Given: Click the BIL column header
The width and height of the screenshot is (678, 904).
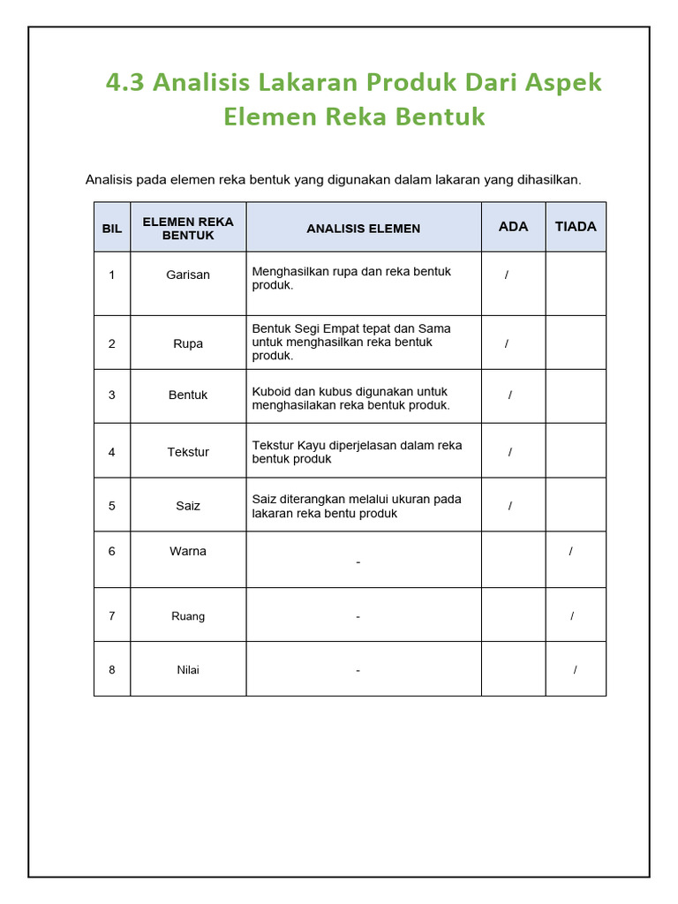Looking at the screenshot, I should [112, 228].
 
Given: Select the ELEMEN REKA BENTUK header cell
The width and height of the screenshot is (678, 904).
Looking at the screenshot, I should [188, 228].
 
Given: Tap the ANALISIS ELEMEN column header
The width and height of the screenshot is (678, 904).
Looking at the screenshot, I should [364, 228].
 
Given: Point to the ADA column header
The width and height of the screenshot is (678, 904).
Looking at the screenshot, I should [513, 226].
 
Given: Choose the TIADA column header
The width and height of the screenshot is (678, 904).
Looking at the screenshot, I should [576, 226].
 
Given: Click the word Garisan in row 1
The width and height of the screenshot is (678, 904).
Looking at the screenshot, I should [188, 275].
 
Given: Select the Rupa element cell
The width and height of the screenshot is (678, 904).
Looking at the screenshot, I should [188, 343].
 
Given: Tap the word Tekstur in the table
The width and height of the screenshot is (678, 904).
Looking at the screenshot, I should [188, 452].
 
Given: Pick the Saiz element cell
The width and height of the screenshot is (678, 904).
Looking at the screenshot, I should [188, 506].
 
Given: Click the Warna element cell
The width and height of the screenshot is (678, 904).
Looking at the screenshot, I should [188, 551].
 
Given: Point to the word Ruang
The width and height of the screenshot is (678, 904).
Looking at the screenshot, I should [188, 616].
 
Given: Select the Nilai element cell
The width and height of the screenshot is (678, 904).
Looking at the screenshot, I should [188, 669].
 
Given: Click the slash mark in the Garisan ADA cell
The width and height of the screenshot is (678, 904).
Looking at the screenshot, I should [507, 275].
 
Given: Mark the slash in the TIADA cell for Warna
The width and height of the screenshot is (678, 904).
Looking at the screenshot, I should [571, 551].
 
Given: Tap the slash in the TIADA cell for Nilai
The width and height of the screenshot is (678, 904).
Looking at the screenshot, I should [575, 669].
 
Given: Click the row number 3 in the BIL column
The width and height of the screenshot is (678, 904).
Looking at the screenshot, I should [112, 395].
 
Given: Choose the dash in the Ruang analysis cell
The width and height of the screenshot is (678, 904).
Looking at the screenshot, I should [358, 616].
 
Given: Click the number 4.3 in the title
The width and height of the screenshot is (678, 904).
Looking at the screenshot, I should [125, 83].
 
